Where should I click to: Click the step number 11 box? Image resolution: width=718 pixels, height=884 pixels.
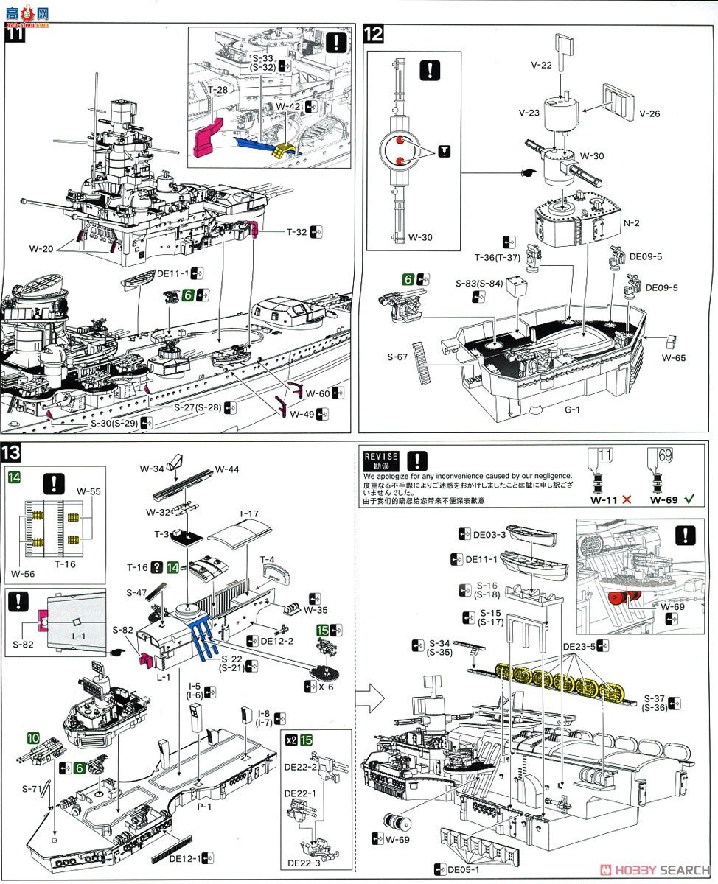[15, 34]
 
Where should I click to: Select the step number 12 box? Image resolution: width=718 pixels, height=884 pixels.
[373, 34]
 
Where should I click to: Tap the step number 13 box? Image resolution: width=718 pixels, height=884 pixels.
[15, 452]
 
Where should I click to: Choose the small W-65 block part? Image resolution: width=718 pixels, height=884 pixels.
[670, 341]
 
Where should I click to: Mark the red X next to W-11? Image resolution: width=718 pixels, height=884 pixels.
[627, 499]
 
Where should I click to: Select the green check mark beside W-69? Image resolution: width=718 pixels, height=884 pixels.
[689, 499]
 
